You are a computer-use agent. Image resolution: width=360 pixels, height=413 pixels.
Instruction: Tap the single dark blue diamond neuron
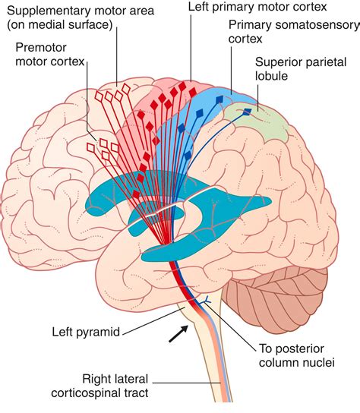(247, 114)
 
